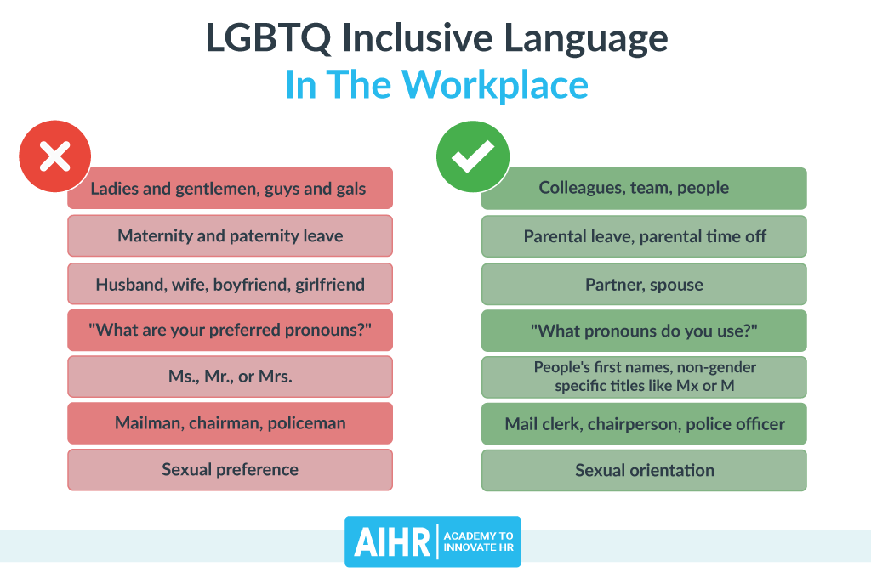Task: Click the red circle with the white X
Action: pyautogui.click(x=54, y=156)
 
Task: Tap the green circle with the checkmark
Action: pyautogui.click(x=472, y=156)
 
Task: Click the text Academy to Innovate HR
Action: pyautogui.click(x=478, y=542)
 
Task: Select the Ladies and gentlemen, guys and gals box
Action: pyautogui.click(x=230, y=189)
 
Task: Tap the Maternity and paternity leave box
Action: pyautogui.click(x=230, y=236)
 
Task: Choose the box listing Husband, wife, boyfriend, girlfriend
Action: pyautogui.click(x=230, y=284)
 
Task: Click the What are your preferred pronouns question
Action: pyautogui.click(x=230, y=331)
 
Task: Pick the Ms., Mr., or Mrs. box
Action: pyautogui.click(x=230, y=377)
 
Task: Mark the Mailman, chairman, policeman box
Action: pyautogui.click(x=230, y=423)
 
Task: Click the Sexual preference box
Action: pyautogui.click(x=230, y=470)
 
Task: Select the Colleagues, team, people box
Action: pyautogui.click(x=644, y=189)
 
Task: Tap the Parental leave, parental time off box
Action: pyautogui.click(x=644, y=236)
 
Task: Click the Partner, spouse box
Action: pyautogui.click(x=644, y=284)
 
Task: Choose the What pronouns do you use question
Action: pyautogui.click(x=644, y=331)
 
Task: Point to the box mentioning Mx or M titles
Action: pyautogui.click(x=644, y=377)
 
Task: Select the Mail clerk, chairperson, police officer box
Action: pyautogui.click(x=644, y=423)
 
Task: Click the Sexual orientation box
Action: pyautogui.click(x=644, y=470)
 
